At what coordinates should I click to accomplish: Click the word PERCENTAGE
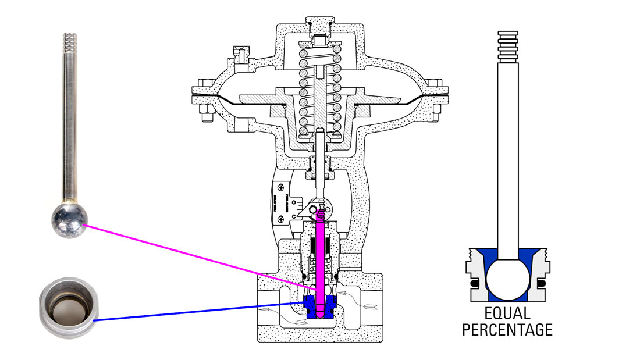pyautogui.click(x=507, y=330)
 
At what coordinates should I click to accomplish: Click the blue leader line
pyautogui.click(x=198, y=312)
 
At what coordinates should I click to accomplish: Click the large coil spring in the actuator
pyautogui.click(x=320, y=93)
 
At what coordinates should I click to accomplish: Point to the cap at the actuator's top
pyautogui.click(x=320, y=27)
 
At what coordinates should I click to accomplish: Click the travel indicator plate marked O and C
pyautogui.click(x=291, y=201)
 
